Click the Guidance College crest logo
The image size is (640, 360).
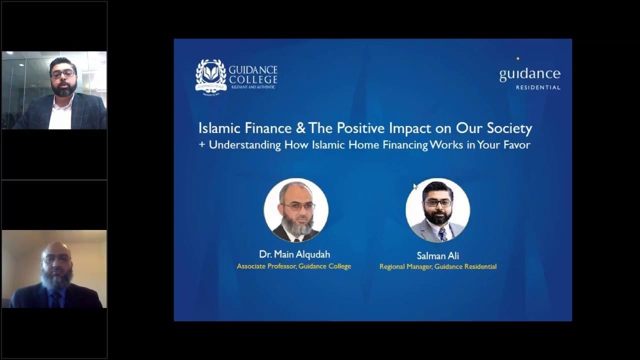(210, 75)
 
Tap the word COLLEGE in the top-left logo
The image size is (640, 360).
(253, 79)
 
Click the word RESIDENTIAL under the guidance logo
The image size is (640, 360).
(538, 87)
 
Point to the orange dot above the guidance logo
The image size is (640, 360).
(517, 58)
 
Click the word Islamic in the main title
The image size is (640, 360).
(220, 128)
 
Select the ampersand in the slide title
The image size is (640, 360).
(300, 128)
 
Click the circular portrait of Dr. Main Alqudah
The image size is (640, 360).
(296, 210)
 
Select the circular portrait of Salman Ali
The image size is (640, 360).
(437, 210)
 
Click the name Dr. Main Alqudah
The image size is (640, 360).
(294, 254)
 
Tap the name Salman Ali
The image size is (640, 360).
(438, 255)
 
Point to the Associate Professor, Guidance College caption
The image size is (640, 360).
(294, 266)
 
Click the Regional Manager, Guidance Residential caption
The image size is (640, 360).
(438, 266)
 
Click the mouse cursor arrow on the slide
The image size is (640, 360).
(415, 186)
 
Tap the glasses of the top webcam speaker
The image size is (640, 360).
(63, 74)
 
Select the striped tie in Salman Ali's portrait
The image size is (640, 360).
(442, 233)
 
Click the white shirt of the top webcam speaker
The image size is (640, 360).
(60, 115)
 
